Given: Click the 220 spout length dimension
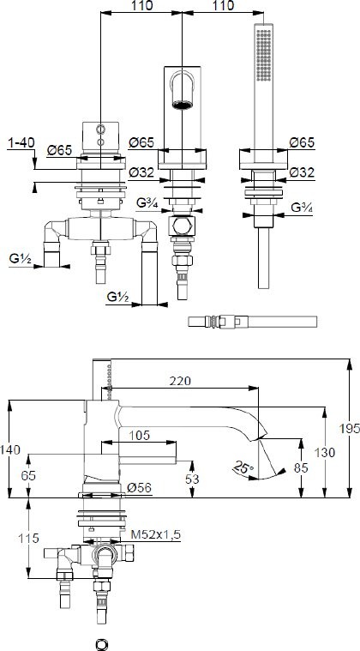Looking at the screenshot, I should [x=180, y=381].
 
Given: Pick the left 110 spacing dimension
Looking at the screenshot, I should [x=141, y=6].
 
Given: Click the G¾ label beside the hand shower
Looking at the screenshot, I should [x=300, y=208].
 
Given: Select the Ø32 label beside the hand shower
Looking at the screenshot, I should [x=300, y=172].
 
